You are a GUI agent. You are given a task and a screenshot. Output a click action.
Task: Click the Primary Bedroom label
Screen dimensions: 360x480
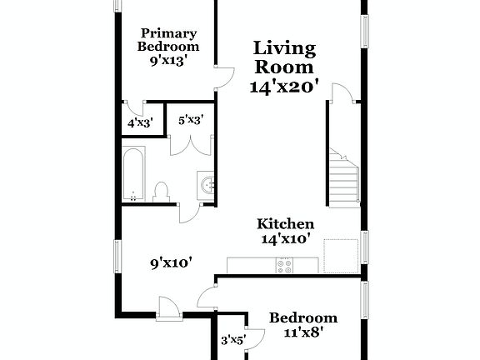coord(167,47)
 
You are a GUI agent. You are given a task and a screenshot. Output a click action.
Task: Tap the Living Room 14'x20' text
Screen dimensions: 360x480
coord(285,67)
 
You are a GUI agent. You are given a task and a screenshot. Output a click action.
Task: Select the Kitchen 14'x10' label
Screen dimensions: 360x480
coord(285,231)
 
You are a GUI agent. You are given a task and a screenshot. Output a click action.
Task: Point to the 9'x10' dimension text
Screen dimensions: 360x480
coord(172,263)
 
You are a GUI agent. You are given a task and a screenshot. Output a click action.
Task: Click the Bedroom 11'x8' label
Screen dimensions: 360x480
coord(302,324)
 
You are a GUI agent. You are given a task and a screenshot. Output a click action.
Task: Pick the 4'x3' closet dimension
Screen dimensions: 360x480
coord(139,123)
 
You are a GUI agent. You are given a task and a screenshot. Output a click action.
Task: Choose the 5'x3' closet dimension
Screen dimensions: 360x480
coord(191,120)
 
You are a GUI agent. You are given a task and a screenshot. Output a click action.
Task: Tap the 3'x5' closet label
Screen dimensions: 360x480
coord(232,340)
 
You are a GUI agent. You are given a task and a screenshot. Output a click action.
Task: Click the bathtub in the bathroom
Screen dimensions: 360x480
coord(133,174)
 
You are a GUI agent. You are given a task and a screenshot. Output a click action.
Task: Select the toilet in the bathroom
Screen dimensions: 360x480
coord(162,192)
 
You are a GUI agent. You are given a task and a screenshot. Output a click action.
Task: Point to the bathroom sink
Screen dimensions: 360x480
coord(206,183)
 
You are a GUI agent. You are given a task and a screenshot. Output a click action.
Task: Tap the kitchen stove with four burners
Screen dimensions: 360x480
coord(285,266)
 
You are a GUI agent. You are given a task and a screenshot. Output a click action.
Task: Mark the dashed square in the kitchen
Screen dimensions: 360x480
coord(340,254)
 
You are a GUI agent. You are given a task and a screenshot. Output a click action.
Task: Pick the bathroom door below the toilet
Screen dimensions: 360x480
coord(188,212)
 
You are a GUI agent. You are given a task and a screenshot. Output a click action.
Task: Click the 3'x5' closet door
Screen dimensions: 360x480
coord(253,337)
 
